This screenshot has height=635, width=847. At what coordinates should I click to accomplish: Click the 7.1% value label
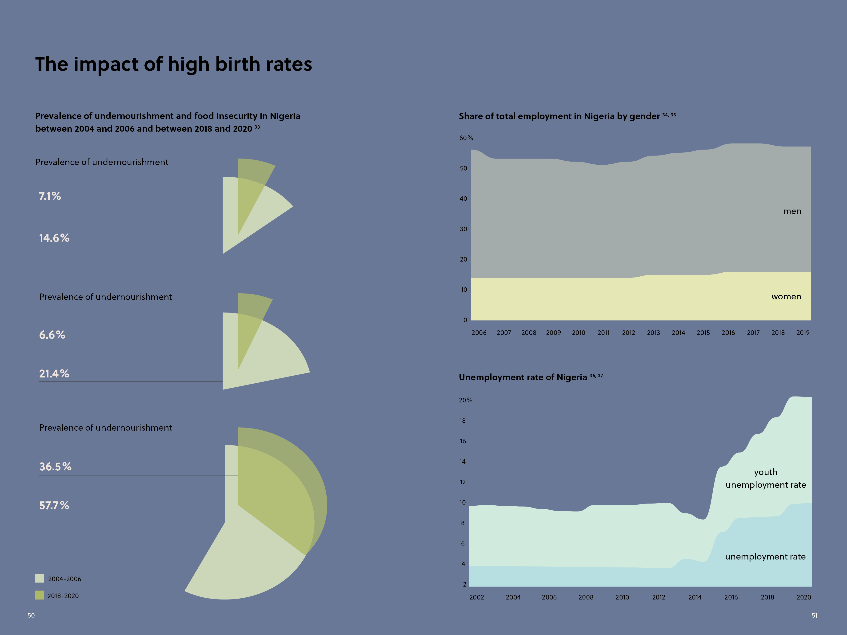50,196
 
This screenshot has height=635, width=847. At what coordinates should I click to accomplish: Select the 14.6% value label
54,238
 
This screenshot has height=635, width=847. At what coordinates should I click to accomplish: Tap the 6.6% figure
52,335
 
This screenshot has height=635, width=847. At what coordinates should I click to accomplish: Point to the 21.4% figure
54,373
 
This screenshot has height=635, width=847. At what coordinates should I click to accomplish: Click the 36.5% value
55,467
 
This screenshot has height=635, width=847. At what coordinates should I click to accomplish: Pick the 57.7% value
54,505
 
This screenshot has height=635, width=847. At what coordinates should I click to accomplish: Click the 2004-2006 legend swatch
40,578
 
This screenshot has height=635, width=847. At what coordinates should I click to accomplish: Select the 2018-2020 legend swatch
40,595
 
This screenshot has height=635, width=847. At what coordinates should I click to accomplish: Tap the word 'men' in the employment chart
792,211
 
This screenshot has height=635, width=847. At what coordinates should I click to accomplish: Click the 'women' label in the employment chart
786,297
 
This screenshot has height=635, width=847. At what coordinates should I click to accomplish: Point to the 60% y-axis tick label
466,138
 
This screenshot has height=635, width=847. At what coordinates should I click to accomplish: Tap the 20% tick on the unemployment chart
466,400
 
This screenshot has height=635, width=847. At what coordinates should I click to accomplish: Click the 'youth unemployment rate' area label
765,478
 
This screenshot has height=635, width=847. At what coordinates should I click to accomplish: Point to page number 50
31,615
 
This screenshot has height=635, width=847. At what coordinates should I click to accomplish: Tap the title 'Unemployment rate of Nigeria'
523,377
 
